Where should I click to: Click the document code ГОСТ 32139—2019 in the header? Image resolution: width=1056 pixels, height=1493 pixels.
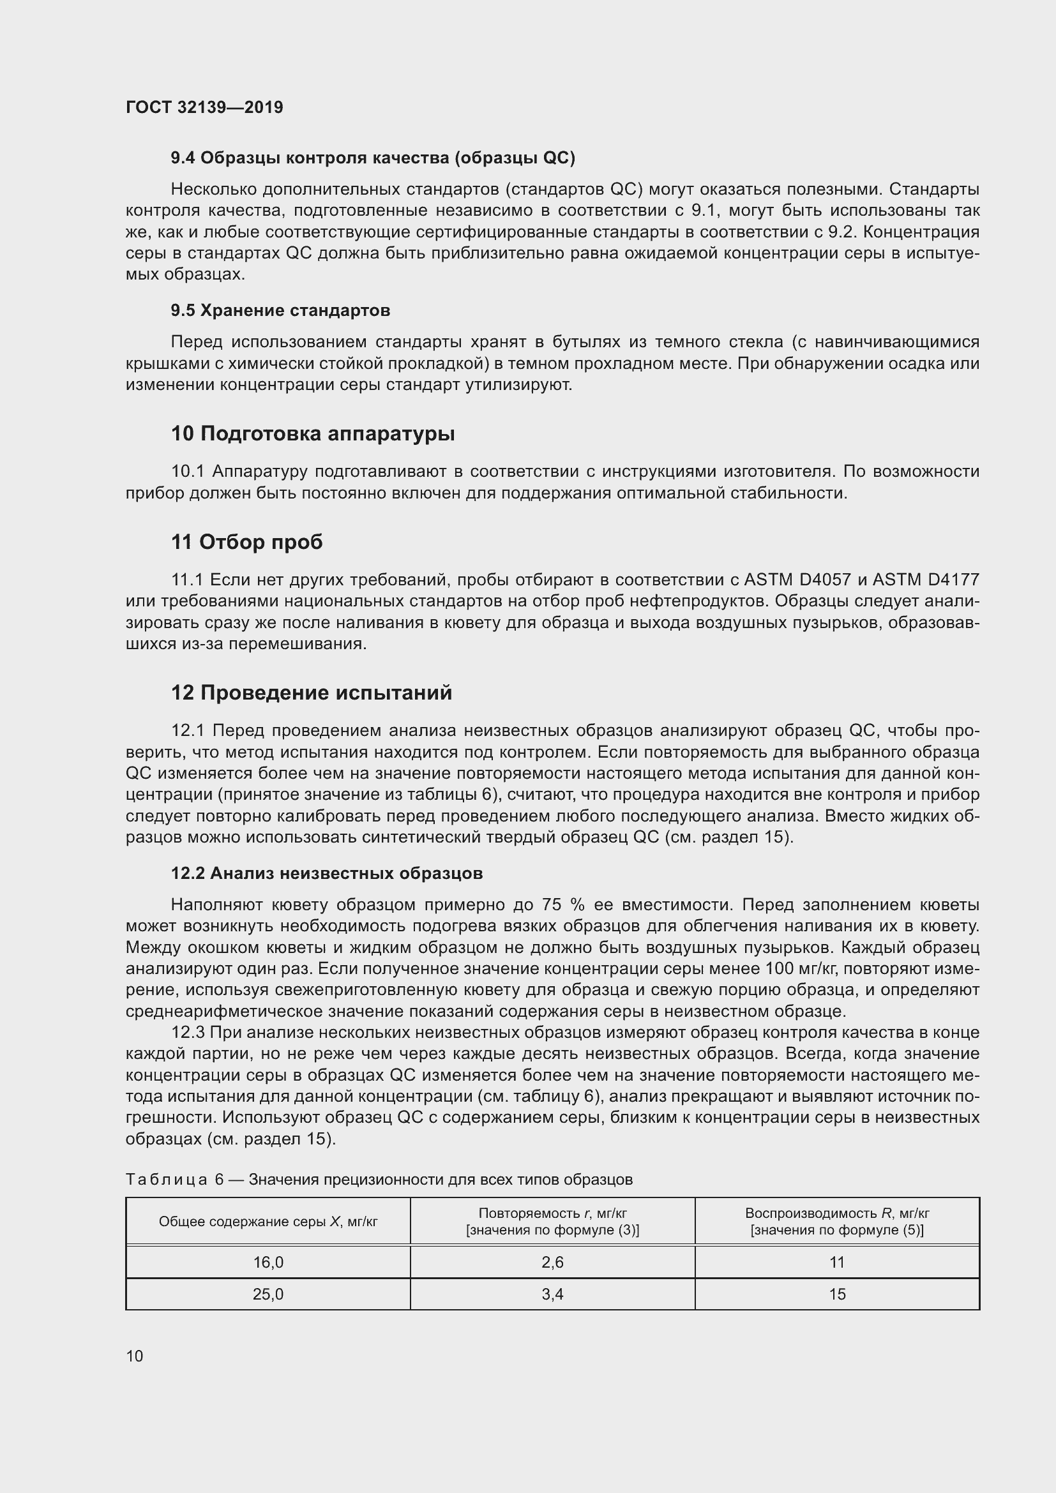(204, 107)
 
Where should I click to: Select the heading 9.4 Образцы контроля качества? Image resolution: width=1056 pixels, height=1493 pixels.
(373, 158)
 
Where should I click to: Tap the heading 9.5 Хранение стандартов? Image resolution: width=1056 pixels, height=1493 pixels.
(280, 311)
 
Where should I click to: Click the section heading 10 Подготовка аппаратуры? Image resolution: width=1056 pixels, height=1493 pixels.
(313, 433)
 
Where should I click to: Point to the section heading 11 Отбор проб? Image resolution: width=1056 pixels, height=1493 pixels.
(246, 542)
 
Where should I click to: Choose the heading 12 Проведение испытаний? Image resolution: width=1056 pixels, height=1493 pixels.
(312, 693)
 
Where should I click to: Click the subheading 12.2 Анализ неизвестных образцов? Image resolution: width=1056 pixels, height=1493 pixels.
(326, 873)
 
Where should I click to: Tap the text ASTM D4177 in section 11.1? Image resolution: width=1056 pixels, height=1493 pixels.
(925, 580)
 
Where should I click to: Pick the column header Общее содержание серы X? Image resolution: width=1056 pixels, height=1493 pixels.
(268, 1221)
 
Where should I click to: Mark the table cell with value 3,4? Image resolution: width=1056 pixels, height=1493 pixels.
(552, 1294)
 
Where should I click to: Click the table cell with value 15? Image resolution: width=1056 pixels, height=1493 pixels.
(837, 1294)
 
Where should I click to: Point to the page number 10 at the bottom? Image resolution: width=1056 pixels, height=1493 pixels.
(135, 1356)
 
